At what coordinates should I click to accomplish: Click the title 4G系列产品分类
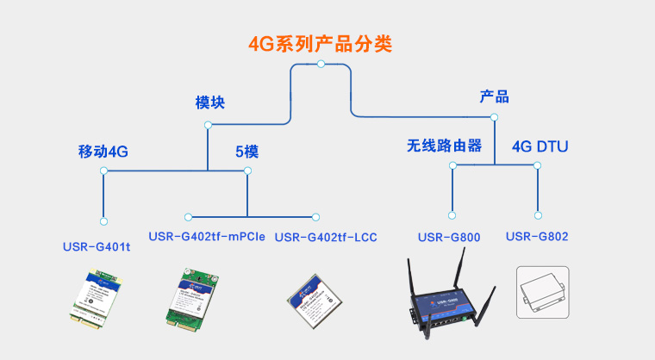tap(321, 43)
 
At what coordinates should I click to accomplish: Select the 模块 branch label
tap(209, 102)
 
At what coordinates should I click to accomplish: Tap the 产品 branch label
tap(494, 96)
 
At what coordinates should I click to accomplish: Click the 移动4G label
tap(103, 152)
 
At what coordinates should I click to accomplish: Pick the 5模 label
tap(247, 152)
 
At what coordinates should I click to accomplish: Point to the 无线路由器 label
tap(444, 145)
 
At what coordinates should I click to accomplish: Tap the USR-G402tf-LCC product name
tap(326, 237)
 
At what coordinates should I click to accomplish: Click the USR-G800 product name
tap(448, 237)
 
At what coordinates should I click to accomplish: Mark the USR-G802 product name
tap(537, 236)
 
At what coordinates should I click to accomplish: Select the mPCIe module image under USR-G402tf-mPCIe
tap(190, 297)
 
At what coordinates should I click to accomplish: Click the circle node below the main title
tap(321, 64)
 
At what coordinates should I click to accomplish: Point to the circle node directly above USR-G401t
tap(103, 221)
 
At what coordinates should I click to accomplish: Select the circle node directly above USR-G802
tap(538, 214)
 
